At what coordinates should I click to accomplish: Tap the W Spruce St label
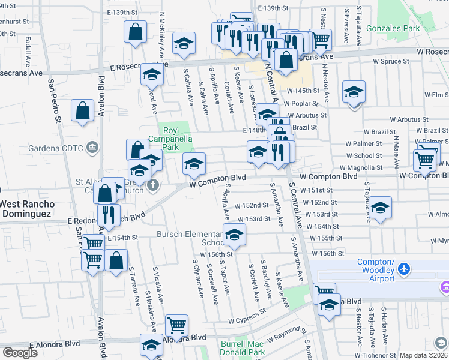[391, 61]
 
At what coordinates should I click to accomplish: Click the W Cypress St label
[246, 317]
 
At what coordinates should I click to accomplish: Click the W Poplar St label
[306, 103]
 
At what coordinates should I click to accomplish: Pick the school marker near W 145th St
[354, 92]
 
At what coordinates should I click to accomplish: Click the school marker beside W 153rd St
[380, 208]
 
